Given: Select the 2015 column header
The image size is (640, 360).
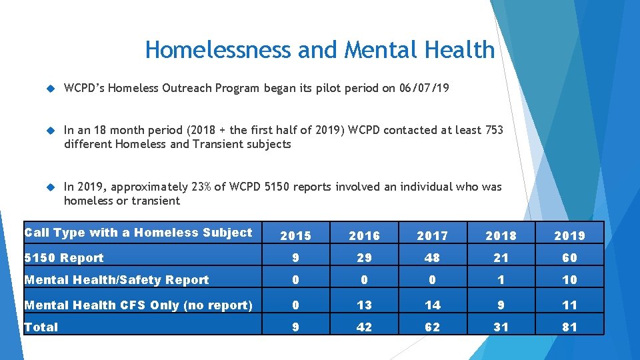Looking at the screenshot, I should [x=295, y=235].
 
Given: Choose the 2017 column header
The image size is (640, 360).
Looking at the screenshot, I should [x=433, y=235].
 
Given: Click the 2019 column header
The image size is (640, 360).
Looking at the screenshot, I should [x=569, y=235].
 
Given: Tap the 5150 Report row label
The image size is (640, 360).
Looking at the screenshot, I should [x=64, y=258].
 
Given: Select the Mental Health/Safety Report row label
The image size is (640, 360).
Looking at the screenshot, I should [x=117, y=280].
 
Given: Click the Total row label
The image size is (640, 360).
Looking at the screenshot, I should [x=41, y=327].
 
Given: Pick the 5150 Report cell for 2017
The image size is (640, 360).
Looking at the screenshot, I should [x=433, y=258].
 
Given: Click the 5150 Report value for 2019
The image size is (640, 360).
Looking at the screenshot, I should [x=569, y=258].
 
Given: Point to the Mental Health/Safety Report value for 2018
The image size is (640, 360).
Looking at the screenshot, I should [x=501, y=280].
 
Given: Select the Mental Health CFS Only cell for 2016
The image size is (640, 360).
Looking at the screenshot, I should [x=364, y=305].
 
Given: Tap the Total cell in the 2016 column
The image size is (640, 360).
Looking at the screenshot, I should [x=364, y=327].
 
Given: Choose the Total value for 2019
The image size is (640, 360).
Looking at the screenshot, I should [x=569, y=327].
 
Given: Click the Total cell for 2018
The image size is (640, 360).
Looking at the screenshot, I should [x=501, y=327].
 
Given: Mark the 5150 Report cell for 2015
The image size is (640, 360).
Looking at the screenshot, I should [x=295, y=258].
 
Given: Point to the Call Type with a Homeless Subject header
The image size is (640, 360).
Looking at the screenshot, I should [x=138, y=233].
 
